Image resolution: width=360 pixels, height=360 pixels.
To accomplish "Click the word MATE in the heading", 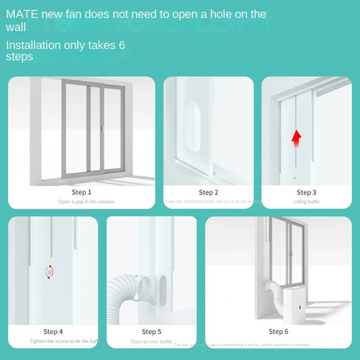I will click(x=22, y=14).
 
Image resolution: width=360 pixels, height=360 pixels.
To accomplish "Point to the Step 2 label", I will click(x=208, y=192).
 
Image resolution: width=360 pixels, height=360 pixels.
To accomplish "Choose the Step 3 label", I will click(x=306, y=192).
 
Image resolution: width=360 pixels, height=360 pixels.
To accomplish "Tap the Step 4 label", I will click(x=53, y=331).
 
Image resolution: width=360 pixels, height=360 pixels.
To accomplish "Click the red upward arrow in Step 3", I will click(x=295, y=138).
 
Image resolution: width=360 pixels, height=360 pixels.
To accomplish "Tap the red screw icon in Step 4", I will click(x=49, y=271).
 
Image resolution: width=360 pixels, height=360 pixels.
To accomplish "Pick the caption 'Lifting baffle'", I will click(x=306, y=202).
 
